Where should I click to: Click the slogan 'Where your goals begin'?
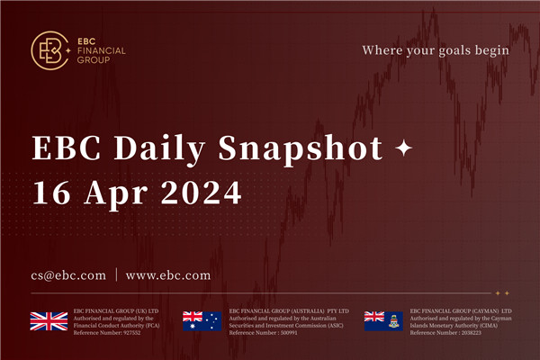click(x=436, y=49)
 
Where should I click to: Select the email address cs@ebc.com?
click(x=67, y=274)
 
